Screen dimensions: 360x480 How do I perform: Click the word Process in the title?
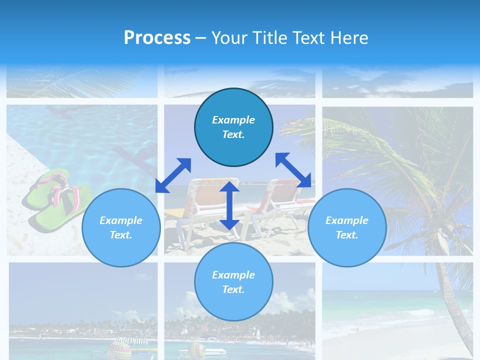click(x=157, y=38)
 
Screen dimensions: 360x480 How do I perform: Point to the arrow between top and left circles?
click(x=173, y=175)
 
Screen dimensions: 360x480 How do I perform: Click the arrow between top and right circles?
click(x=293, y=170)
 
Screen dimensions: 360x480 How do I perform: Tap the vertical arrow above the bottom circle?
click(x=229, y=205)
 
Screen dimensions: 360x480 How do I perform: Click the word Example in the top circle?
click(x=233, y=120)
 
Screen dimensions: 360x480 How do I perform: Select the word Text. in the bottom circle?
click(x=233, y=289)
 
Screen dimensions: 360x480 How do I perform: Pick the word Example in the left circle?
click(x=121, y=220)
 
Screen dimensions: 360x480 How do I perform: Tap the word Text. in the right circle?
click(x=347, y=235)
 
